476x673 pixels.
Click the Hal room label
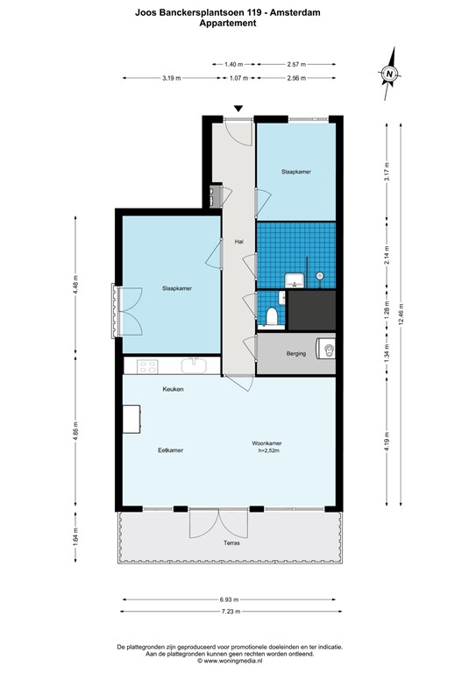238,242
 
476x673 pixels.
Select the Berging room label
296,354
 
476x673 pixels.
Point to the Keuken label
173,389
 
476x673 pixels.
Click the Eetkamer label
170,450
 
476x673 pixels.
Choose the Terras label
231,543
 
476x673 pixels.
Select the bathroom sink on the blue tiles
294,280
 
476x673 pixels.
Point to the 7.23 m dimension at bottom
231,611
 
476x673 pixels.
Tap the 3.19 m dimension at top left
171,79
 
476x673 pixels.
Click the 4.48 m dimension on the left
76,287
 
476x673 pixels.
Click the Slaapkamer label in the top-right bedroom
295,172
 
